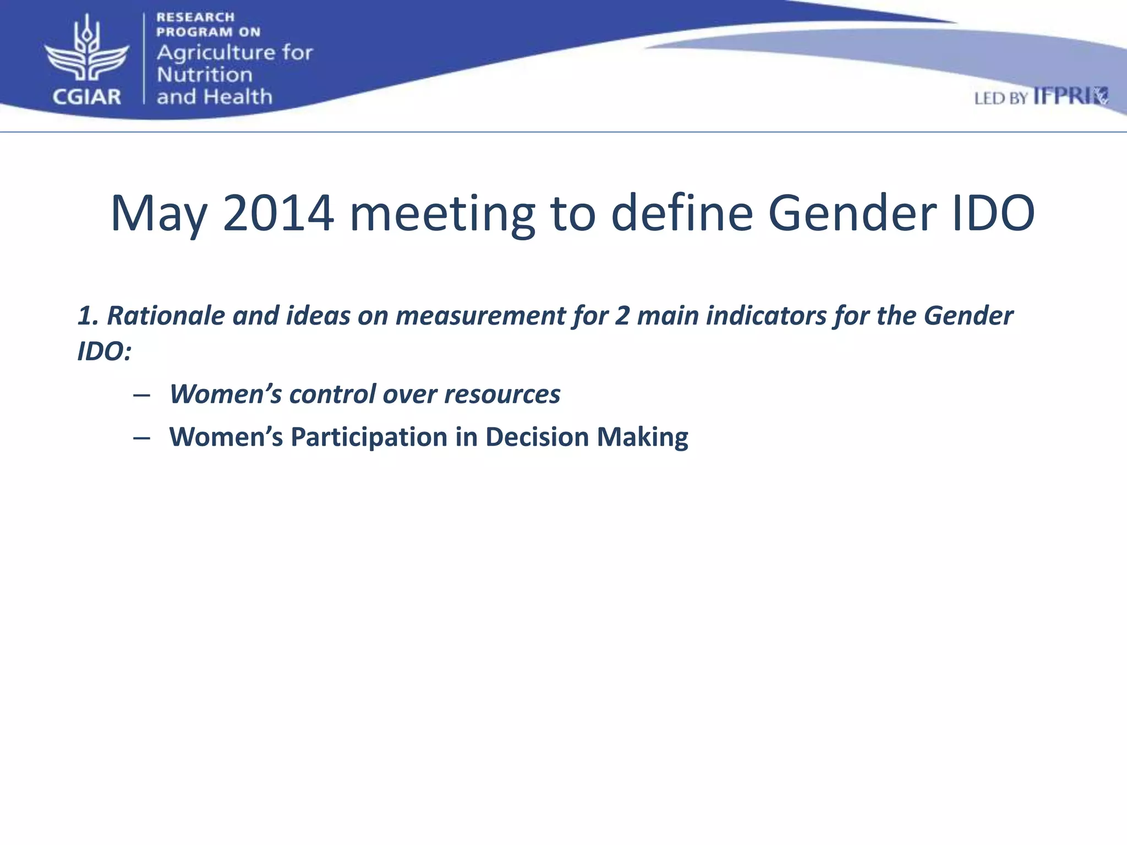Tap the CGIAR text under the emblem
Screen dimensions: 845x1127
click(86, 97)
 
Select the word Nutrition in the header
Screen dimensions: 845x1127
click(204, 75)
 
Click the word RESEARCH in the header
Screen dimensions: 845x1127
click(195, 17)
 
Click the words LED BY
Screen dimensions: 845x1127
click(1000, 98)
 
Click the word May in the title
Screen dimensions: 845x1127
click(158, 213)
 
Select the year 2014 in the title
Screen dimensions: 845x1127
click(278, 213)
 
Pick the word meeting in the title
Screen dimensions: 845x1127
click(442, 213)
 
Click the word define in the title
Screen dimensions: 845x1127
click(682, 213)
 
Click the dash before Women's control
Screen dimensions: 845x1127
click(141, 395)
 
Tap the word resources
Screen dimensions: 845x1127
click(502, 394)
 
